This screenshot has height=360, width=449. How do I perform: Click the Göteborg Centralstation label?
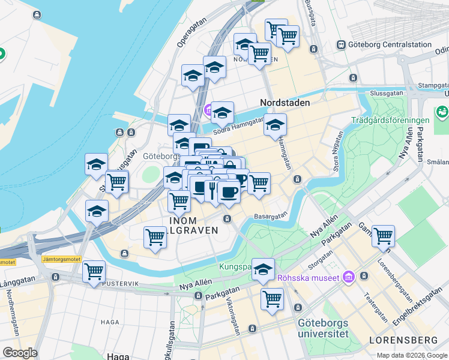390,44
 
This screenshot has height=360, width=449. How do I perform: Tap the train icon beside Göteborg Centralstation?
341,44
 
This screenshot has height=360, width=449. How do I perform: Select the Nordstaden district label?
285,103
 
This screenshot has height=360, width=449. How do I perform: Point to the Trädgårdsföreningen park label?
391,120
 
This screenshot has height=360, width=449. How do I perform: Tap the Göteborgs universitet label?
323,328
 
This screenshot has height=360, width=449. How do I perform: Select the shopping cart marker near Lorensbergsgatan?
382,236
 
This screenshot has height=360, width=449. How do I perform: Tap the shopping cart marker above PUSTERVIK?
94,272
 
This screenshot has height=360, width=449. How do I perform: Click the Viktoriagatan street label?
233,316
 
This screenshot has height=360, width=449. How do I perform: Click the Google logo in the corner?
19,353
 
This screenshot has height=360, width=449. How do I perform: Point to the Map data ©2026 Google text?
412,355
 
